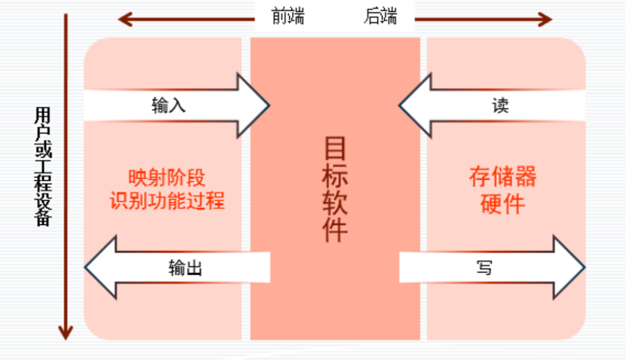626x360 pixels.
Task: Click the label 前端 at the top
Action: pos(287,17)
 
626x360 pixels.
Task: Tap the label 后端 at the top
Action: pos(380,17)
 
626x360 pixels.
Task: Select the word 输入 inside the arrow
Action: pos(169,106)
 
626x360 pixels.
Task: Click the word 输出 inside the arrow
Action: pos(185,268)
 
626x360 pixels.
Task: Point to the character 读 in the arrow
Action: pos(500,106)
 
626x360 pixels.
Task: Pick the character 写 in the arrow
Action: pos(485,268)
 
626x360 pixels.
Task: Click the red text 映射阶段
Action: pos(167,178)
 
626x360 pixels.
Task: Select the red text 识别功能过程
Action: pos(167,201)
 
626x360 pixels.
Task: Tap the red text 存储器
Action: pos(503,178)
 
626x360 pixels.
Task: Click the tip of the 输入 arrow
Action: pos(268,106)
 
